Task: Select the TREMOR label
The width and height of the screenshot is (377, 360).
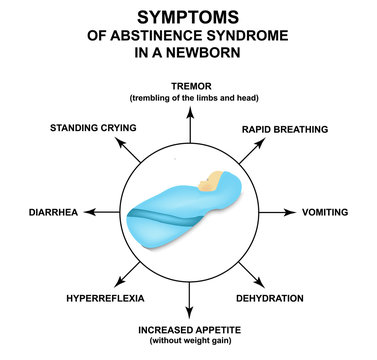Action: point(189,86)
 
